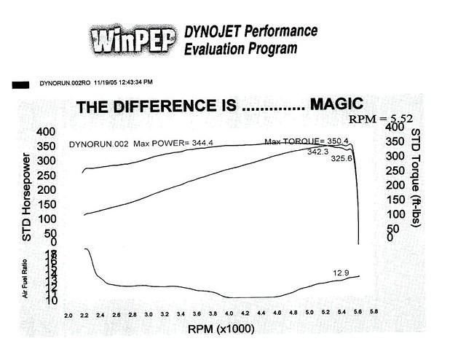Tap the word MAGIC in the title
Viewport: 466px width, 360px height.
tap(336, 103)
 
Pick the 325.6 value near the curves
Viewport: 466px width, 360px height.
tap(341, 158)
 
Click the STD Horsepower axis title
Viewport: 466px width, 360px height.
tap(27, 197)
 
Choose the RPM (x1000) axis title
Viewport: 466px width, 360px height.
tap(221, 329)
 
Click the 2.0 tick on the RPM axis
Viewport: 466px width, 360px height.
tap(68, 316)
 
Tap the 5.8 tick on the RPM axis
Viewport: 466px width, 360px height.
tap(373, 312)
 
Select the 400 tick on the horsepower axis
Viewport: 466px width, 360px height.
tap(46, 132)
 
